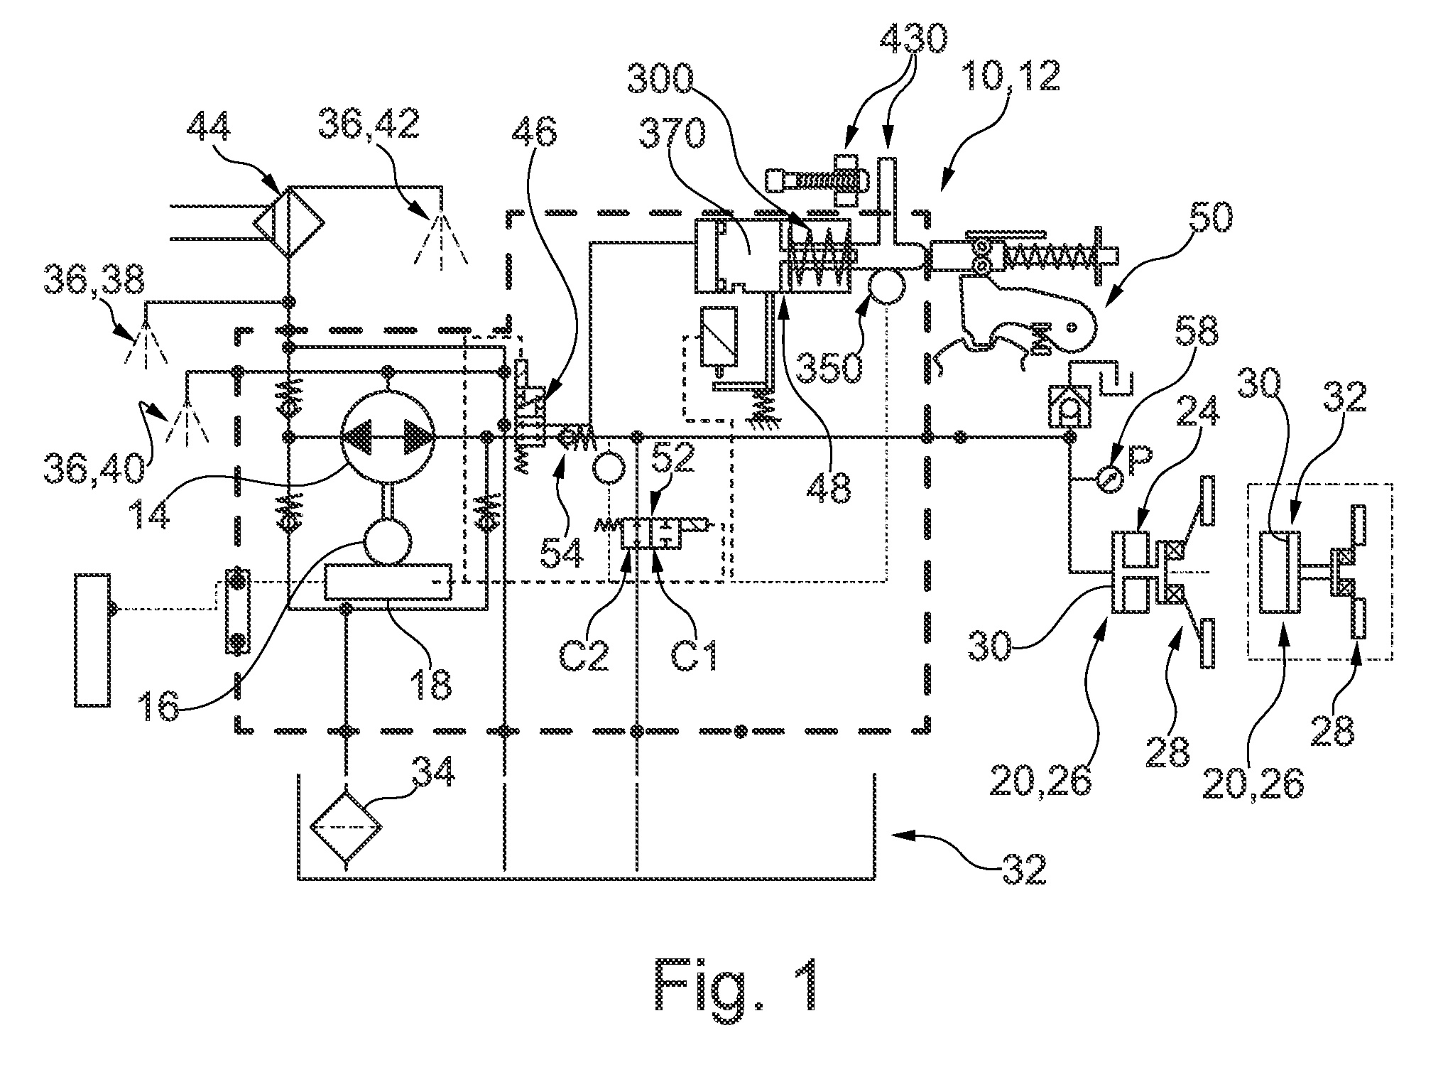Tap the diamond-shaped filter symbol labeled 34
point(346,827)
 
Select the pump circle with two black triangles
point(388,436)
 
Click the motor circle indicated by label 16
point(387,541)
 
